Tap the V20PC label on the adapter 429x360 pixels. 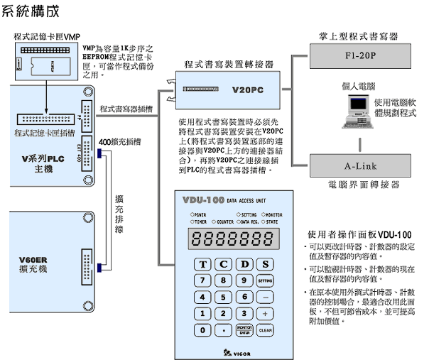point(249,91)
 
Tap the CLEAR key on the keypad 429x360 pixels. point(265,330)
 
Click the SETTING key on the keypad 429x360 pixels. point(265,280)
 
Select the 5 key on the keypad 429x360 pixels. point(224,297)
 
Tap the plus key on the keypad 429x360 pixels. point(265,313)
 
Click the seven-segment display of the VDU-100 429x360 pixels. point(234,240)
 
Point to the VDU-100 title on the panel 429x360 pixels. point(205,200)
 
